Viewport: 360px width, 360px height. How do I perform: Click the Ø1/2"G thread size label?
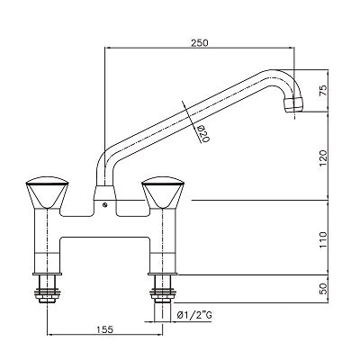(x=197, y=314)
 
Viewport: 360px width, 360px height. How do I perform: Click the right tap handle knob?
(x=165, y=193)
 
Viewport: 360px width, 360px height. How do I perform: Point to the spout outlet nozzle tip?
(x=292, y=108)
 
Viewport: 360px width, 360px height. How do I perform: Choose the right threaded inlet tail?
(x=165, y=292)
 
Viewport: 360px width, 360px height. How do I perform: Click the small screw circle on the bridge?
(x=106, y=206)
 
